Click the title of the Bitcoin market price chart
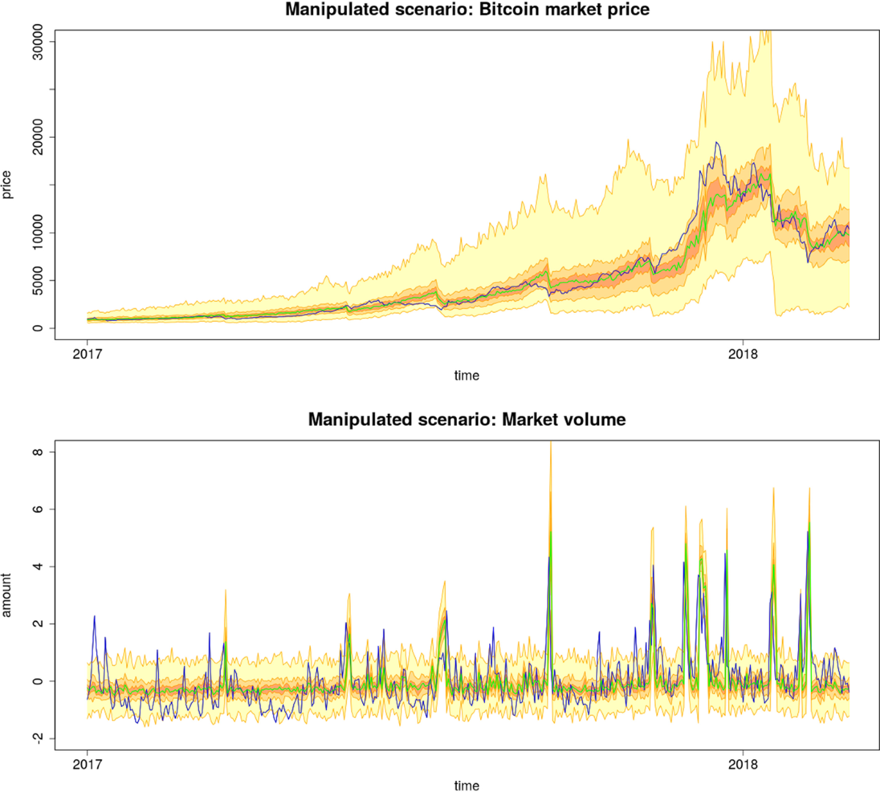click(x=466, y=10)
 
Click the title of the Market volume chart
click(x=466, y=420)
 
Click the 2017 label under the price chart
click(x=87, y=354)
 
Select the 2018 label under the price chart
click(x=743, y=354)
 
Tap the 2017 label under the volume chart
click(x=87, y=764)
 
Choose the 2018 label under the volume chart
click(x=743, y=764)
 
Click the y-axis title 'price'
click(x=7, y=185)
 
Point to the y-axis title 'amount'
click(x=7, y=595)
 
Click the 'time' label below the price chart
click(x=466, y=376)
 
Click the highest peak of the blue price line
click(x=716, y=142)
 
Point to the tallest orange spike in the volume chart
click(x=550, y=443)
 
